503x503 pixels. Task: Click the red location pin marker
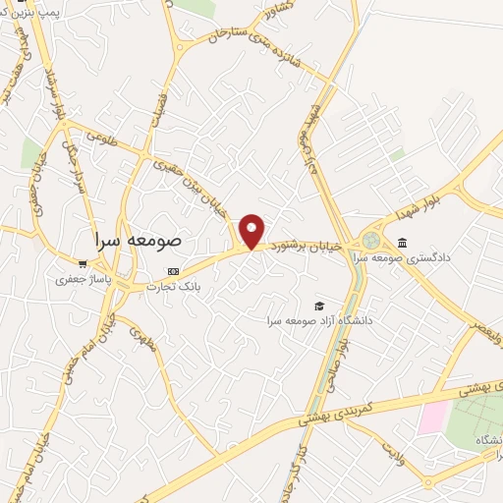252,232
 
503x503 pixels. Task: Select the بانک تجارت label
174,287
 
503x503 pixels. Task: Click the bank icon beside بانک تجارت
174,271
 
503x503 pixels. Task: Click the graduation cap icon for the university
318,306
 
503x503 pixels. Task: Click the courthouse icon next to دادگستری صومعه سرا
402,243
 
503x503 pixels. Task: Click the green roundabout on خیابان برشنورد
370,240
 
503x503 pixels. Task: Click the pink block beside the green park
432,418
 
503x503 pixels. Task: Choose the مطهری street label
143,340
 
